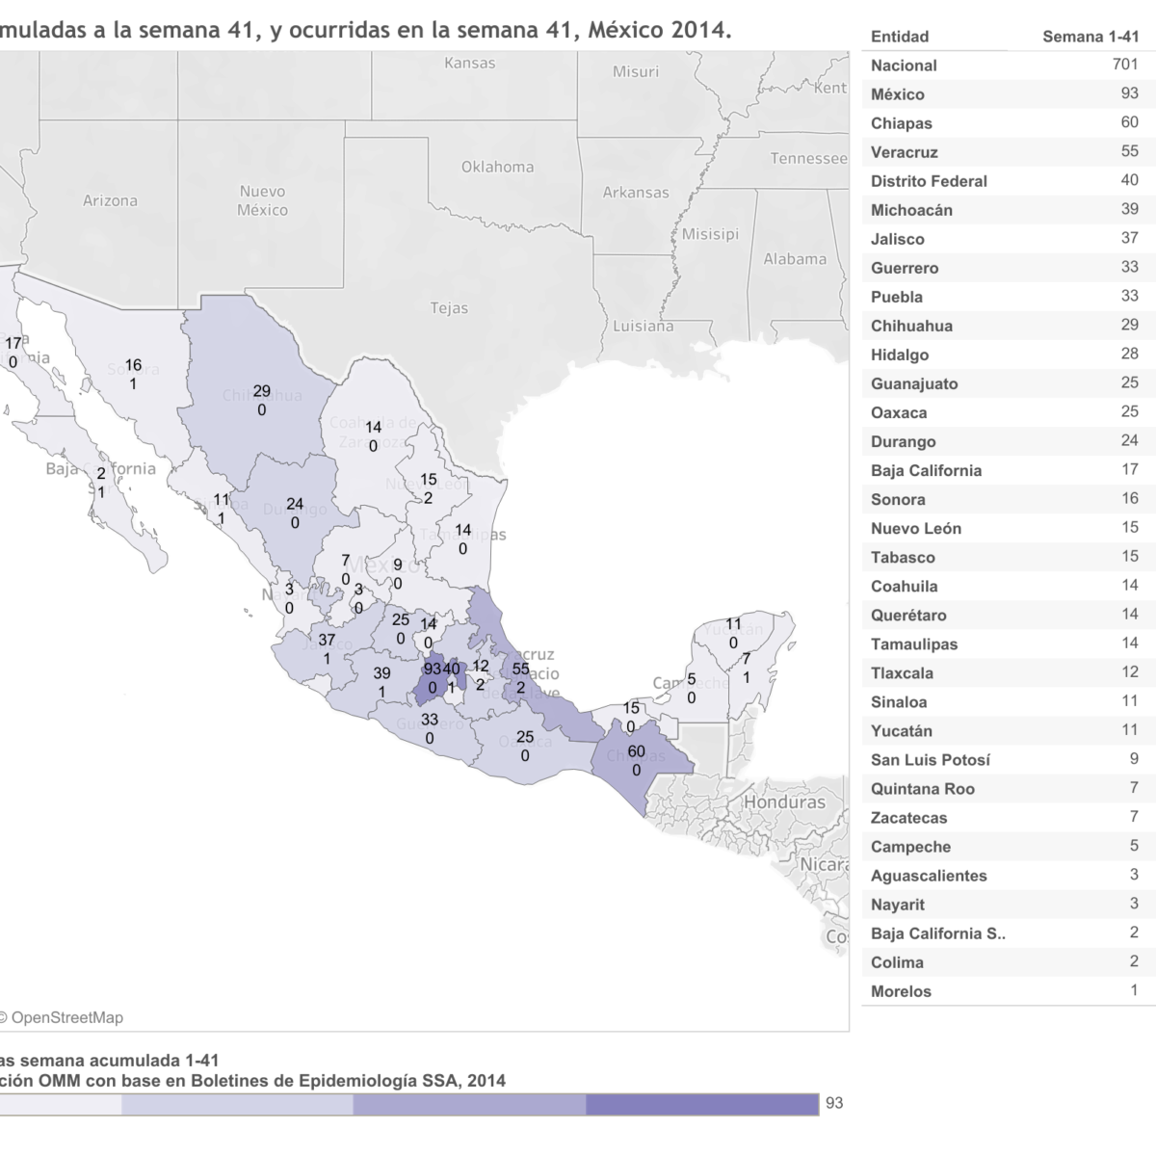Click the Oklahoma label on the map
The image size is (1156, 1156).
click(497, 167)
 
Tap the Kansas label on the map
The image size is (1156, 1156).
click(470, 64)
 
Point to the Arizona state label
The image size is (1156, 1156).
click(110, 200)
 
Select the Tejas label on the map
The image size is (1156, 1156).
click(449, 308)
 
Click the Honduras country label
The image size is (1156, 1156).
click(785, 801)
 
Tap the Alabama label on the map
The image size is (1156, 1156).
click(795, 258)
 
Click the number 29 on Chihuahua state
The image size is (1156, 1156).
click(261, 391)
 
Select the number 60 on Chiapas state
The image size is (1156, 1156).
click(636, 751)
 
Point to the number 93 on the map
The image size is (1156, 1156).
click(432, 669)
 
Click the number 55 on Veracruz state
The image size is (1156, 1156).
click(520, 669)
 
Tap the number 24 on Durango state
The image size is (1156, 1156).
click(295, 504)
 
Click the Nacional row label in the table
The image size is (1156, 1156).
click(904, 66)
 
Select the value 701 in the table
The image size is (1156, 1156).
click(1123, 65)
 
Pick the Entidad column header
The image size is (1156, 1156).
click(900, 37)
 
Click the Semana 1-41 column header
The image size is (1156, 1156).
click(1090, 37)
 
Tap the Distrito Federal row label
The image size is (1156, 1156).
click(929, 181)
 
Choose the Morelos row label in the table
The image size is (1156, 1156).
click(901, 991)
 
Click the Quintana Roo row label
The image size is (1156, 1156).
click(922, 789)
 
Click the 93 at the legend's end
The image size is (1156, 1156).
click(834, 1102)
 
